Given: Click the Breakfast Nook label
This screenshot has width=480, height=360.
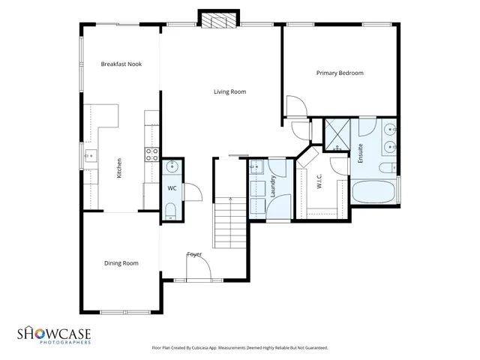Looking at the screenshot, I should (121, 64).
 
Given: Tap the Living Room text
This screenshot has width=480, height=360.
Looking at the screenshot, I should (229, 92).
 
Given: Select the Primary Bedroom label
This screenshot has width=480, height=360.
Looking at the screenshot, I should (340, 73).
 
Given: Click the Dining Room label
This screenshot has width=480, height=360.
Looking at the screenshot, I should (121, 262).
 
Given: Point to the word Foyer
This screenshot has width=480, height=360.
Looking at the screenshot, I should (194, 254).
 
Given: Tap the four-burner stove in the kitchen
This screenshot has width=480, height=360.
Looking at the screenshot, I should (151, 155).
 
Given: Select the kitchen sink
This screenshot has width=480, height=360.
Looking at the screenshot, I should (90, 157).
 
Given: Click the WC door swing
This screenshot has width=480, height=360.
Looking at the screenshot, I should (191, 193).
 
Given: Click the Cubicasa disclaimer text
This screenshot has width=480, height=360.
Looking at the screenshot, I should (240, 348).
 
